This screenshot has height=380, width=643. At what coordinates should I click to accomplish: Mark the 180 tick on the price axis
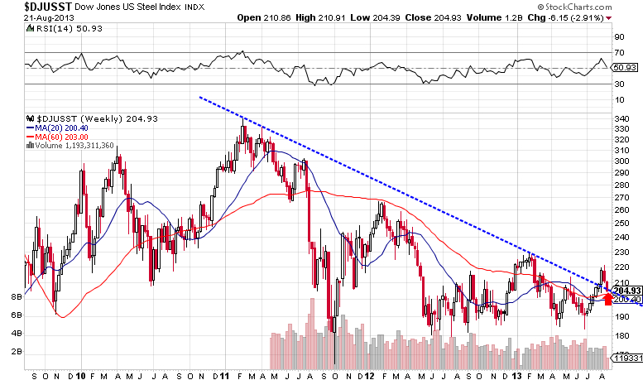[621, 335]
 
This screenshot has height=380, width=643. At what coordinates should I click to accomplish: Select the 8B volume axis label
[16, 296]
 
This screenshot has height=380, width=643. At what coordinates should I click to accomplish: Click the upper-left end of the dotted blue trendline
[200, 97]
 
